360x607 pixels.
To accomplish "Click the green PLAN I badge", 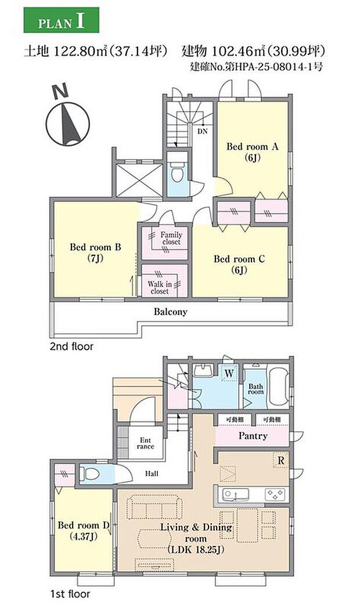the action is pos(61,20).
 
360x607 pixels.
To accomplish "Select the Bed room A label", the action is pos(252,151).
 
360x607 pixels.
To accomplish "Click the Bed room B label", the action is pos(95,252).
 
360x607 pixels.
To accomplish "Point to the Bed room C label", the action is pos(239,264).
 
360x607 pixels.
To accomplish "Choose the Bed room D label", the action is pos(84,530).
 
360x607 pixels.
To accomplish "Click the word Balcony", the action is pos(171,312).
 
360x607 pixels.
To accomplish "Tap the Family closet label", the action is pos(171,238).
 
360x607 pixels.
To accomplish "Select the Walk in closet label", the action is pos(160,287).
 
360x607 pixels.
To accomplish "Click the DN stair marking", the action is pos(202,131).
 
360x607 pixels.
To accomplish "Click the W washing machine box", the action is pos(229,373).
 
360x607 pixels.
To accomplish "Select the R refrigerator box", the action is pos(281,460).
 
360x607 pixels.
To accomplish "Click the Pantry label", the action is pos(253,436).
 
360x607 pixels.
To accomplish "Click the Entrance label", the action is pos(145,443).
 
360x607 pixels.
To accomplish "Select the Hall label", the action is pos(152,473).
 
